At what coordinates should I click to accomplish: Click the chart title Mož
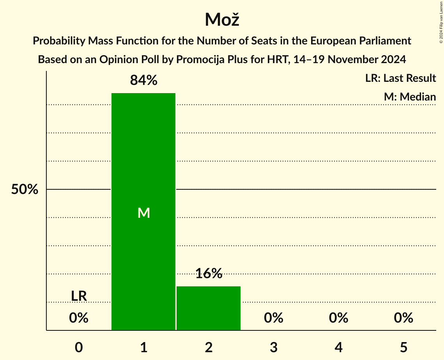pyautogui.click(x=221, y=19)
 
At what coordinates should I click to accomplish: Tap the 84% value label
pyautogui.click(x=143, y=80)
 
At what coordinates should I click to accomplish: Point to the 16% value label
pyautogui.click(x=209, y=274)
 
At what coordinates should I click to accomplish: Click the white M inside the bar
pyautogui.click(x=143, y=213)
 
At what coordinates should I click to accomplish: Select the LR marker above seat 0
pyautogui.click(x=79, y=296)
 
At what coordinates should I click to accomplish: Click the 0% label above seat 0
pyautogui.click(x=79, y=318)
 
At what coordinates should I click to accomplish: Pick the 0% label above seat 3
pyautogui.click(x=274, y=318)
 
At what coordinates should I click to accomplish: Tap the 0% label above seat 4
pyautogui.click(x=338, y=318)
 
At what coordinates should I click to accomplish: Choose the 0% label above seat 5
pyautogui.click(x=403, y=318)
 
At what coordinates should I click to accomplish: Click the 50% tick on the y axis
pyautogui.click(x=25, y=190)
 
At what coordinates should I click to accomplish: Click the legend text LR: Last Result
pyautogui.click(x=400, y=78)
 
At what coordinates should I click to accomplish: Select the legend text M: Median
pyautogui.click(x=410, y=97)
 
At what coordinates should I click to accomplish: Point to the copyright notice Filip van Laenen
pyautogui.click(x=441, y=19)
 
